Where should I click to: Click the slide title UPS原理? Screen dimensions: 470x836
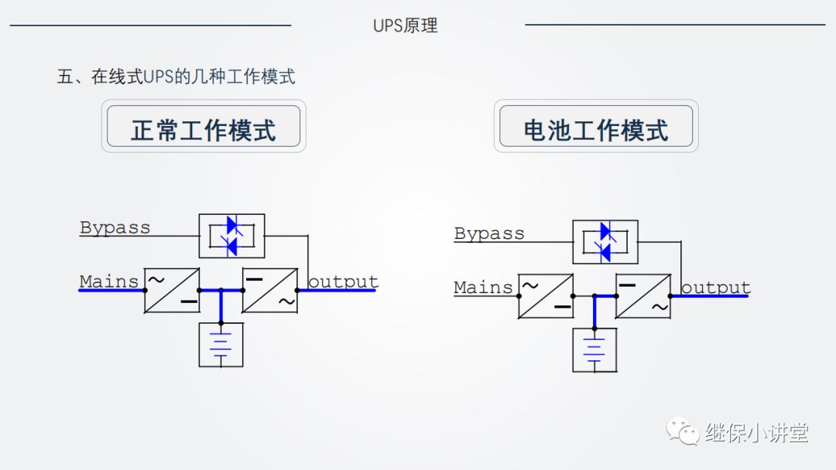click(x=405, y=26)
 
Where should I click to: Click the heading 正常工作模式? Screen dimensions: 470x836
click(x=204, y=129)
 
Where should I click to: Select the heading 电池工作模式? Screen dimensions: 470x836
click(x=596, y=130)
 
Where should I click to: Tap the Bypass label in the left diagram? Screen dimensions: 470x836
click(x=115, y=227)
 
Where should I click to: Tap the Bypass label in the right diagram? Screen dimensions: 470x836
click(x=489, y=233)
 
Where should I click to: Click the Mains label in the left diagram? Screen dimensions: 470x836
click(x=109, y=281)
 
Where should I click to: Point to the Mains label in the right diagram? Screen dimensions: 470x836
click(x=484, y=288)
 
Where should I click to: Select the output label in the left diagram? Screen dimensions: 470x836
click(x=343, y=281)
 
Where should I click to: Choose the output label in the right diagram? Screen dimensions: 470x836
click(x=715, y=288)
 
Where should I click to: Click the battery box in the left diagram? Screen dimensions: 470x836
click(x=221, y=345)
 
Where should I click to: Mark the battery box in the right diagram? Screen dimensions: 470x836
click(x=594, y=350)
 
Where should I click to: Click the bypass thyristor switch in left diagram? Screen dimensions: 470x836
click(x=231, y=236)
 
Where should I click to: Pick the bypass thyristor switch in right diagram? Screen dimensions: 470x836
click(x=605, y=242)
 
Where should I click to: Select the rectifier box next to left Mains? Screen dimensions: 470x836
click(x=172, y=291)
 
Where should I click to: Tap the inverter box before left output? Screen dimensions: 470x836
click(x=270, y=291)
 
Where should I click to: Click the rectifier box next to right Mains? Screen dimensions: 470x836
click(x=546, y=296)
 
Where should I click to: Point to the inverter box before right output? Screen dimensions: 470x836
click(x=643, y=296)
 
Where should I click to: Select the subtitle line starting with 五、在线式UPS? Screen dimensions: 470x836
click(x=176, y=77)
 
